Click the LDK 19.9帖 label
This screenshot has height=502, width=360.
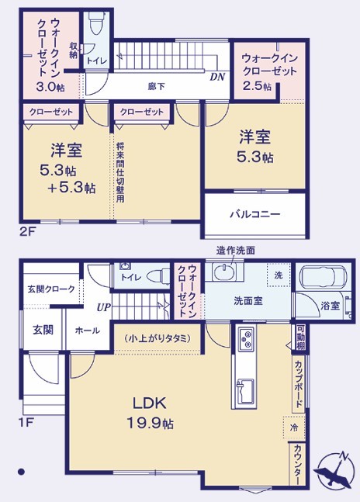tap(151, 413)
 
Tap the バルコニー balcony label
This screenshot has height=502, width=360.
tap(255, 214)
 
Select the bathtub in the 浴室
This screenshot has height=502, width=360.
tap(323, 275)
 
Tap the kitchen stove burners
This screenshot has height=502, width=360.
tap(247, 339)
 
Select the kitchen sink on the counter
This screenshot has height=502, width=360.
tap(244, 391)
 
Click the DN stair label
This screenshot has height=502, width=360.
tap(217, 77)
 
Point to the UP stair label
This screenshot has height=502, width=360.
tap(104, 308)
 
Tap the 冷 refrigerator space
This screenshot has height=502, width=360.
tap(293, 428)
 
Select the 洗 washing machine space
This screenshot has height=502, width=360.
tap(279, 275)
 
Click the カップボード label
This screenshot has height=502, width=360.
tap(299, 383)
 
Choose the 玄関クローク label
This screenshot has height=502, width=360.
tap(51, 289)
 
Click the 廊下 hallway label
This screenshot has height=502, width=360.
tap(157, 86)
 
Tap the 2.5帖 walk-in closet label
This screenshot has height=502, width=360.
tap(258, 86)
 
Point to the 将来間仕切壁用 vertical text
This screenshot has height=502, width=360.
tap(120, 172)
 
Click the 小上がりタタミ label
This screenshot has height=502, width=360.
tap(157, 338)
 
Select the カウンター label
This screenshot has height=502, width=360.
tap(297, 464)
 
